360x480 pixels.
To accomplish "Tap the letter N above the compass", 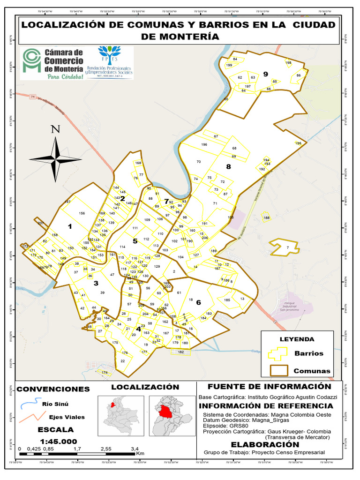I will tap(55, 129).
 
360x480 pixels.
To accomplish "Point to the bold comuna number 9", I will tap(265, 74).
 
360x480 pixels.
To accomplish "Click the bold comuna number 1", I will tap(70, 226).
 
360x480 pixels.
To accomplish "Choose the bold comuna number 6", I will tap(198, 302).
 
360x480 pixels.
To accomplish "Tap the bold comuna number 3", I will tap(96, 283).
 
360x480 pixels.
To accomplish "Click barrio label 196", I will tap(204, 144).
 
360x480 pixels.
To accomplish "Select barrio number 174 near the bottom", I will tap(104, 372).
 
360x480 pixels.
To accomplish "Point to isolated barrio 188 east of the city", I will tap(267, 218).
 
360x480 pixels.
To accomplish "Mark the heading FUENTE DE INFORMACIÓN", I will tap(269, 387).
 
